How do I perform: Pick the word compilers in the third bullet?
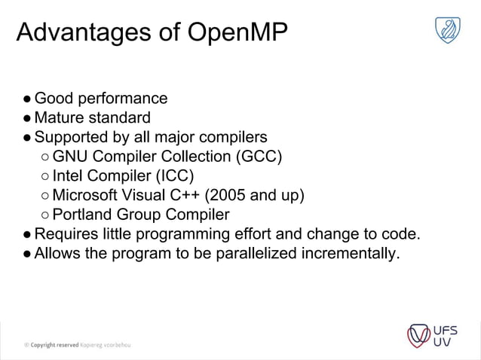[x=228, y=138]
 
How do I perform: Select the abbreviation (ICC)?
[x=174, y=177]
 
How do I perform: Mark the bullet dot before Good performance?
[x=26, y=99]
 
